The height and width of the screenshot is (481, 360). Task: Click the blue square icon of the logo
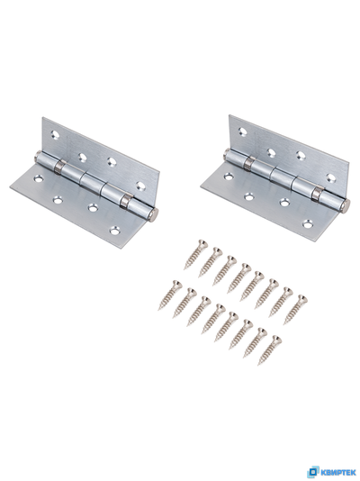click(x=313, y=472)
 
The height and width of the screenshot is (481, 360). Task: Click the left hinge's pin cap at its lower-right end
click(x=155, y=213)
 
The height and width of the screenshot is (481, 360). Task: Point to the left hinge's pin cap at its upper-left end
click(x=38, y=157)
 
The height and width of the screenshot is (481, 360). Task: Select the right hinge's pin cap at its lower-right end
click(x=346, y=204)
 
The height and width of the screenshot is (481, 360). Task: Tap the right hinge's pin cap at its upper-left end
click(x=227, y=154)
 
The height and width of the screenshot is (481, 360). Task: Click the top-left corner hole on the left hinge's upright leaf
click(x=55, y=134)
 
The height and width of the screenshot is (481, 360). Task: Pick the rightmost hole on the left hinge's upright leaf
click(x=140, y=186)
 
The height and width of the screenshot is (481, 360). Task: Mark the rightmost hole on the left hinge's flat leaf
click(x=115, y=230)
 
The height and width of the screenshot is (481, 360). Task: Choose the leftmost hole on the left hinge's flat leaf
click(x=39, y=178)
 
